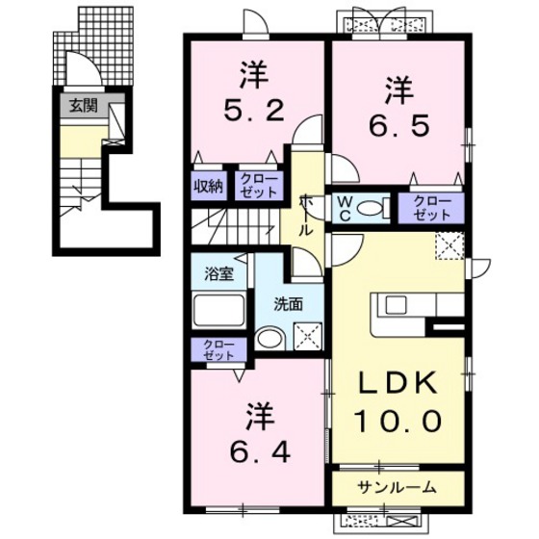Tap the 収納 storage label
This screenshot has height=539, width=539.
[x=210, y=187]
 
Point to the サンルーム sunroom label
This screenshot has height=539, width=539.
[x=398, y=485]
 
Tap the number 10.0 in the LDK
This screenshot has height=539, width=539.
[x=398, y=421]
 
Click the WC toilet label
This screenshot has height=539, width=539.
[x=344, y=207]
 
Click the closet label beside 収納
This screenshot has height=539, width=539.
[x=257, y=187]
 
